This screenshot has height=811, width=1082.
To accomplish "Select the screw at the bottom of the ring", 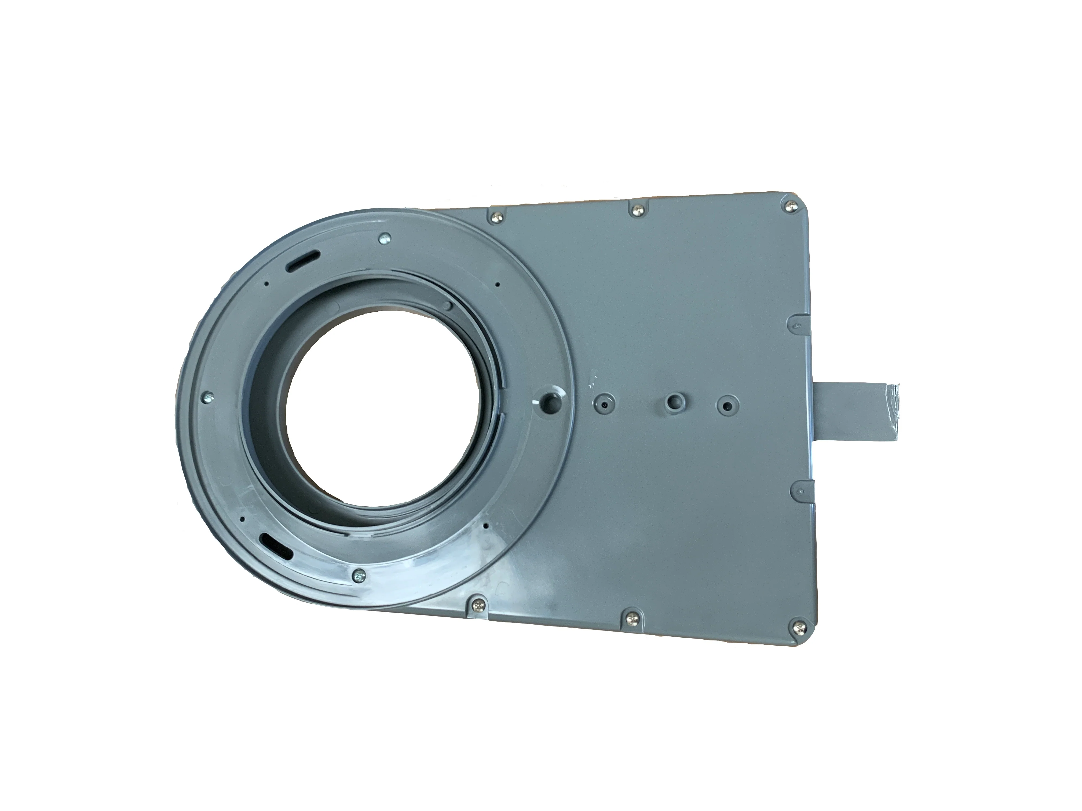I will [360, 577].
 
